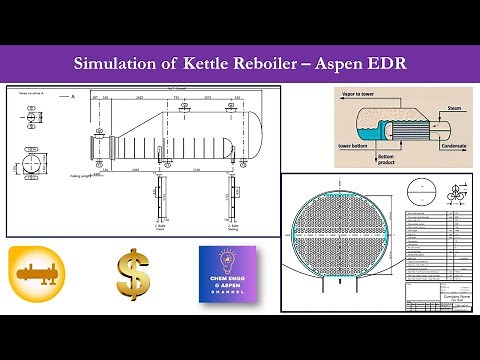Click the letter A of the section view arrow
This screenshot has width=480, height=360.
pos(74,95)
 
